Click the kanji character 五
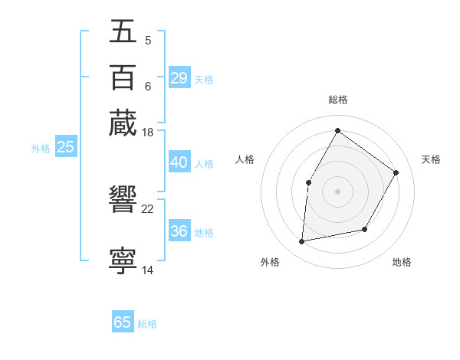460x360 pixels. [123, 31]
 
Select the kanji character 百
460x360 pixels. [123, 77]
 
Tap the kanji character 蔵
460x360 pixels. [123, 123]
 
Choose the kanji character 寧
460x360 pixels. [123, 260]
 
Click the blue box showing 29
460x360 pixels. [179, 78]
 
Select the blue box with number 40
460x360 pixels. [179, 162]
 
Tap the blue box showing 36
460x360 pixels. [179, 232]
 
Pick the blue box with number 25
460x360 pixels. [65, 147]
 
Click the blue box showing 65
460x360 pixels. [123, 322]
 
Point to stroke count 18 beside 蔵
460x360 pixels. [148, 133]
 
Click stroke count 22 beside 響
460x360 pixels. [148, 208]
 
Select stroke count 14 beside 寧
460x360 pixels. [148, 270]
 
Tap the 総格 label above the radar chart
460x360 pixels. [337, 100]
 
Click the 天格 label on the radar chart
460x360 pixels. [431, 159]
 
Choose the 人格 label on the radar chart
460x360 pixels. [245, 159]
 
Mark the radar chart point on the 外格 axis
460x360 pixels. [302, 242]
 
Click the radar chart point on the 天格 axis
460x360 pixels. [396, 172]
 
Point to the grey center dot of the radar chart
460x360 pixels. [337, 191]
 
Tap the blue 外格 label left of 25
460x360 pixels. [41, 149]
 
